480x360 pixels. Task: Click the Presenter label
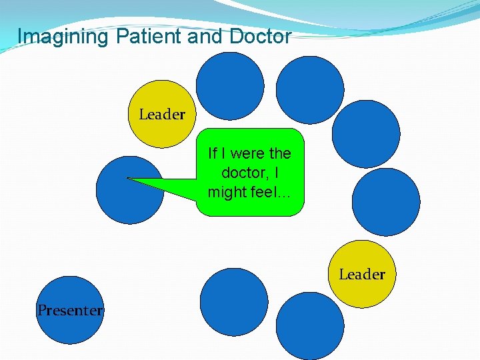click(x=70, y=310)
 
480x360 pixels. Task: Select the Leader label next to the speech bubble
click(x=162, y=115)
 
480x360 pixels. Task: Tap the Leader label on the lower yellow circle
click(x=362, y=274)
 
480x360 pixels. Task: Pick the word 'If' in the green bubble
click(x=213, y=153)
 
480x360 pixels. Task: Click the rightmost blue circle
click(x=386, y=201)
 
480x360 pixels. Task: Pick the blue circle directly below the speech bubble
click(x=234, y=301)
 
